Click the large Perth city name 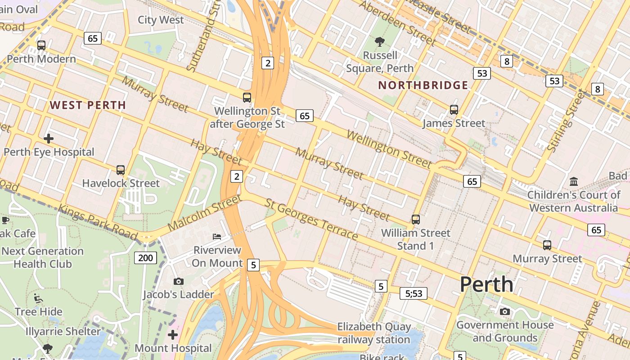(x=486, y=284)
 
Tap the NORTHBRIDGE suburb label (x=423, y=85)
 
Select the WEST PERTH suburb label (x=88, y=105)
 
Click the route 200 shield (x=145, y=258)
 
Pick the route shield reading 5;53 (x=413, y=294)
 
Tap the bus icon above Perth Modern (x=41, y=45)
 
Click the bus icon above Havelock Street (x=121, y=170)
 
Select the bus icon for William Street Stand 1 (x=416, y=220)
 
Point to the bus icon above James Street (x=454, y=109)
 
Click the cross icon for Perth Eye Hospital (x=49, y=138)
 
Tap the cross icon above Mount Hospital (x=173, y=334)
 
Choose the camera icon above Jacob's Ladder (x=178, y=281)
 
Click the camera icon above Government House (x=505, y=311)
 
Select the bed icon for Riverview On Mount (x=217, y=236)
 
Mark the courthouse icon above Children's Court (x=574, y=181)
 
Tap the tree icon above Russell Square (x=380, y=42)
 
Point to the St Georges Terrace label (x=311, y=220)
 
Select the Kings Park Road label (x=98, y=222)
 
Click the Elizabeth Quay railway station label (x=374, y=333)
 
